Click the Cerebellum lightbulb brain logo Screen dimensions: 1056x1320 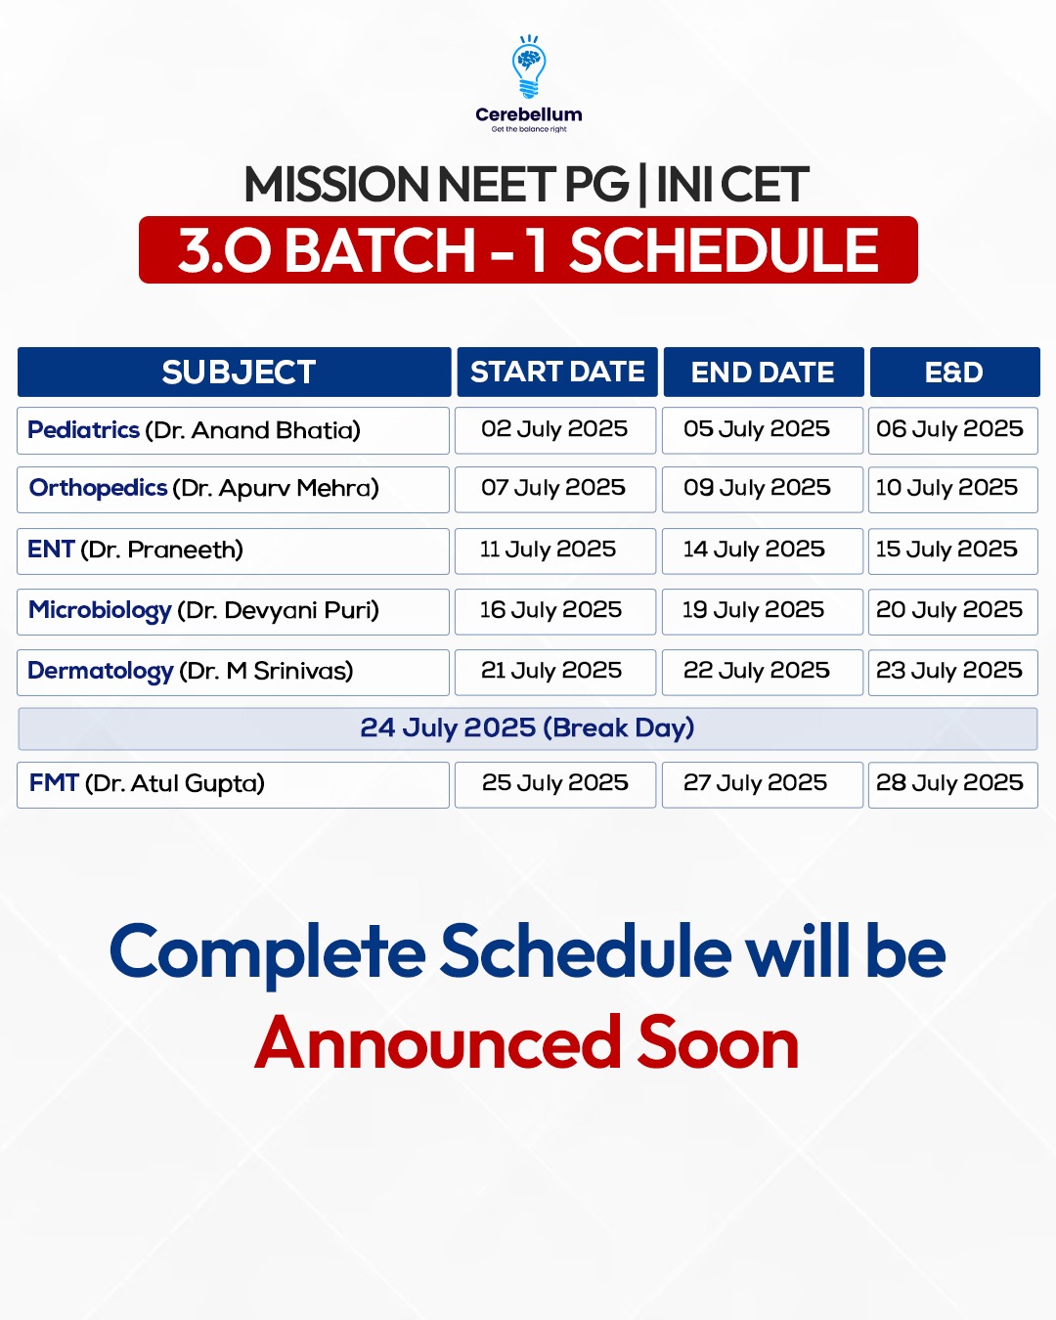(528, 66)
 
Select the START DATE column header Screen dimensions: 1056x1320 (557, 372)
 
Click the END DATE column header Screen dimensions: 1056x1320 (764, 372)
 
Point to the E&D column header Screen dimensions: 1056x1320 (954, 372)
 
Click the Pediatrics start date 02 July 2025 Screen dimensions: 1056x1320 (554, 429)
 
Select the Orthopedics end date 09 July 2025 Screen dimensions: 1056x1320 (757, 488)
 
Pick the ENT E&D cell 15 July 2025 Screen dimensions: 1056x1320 (946, 550)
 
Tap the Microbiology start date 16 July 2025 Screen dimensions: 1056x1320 (551, 610)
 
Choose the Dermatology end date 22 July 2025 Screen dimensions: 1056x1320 (757, 671)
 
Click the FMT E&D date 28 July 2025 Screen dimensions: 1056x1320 (949, 783)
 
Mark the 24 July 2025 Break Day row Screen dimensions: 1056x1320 (528, 728)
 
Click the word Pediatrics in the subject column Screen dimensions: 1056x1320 (83, 430)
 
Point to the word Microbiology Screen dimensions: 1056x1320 (100, 611)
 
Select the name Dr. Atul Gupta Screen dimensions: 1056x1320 (174, 784)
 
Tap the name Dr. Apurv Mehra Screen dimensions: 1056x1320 (276, 488)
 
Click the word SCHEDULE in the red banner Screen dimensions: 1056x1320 (724, 250)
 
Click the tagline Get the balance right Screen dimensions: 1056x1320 (529, 129)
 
